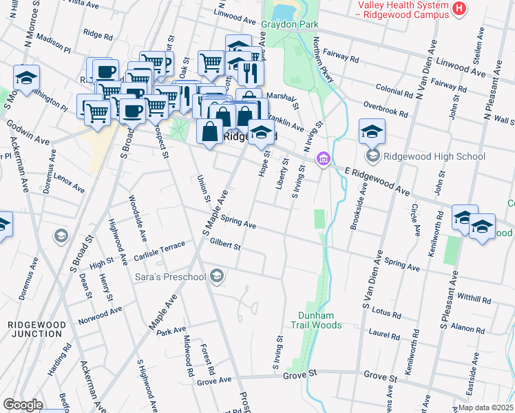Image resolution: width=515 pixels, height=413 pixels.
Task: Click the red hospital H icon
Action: coord(459,9)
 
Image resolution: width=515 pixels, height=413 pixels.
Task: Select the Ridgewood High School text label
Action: coord(435,156)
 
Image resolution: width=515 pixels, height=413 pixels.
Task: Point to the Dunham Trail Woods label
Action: coord(315,319)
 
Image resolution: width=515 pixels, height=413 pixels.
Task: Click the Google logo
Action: coord(23,405)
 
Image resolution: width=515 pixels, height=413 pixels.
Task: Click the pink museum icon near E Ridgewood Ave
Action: coord(322,160)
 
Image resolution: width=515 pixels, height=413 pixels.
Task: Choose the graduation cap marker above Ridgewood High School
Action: coord(372,131)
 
